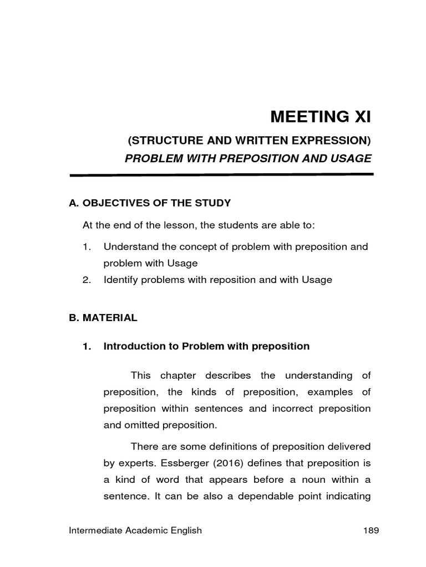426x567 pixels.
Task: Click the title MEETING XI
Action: [x=319, y=117]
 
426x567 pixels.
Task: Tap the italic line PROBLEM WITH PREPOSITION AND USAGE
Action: [x=248, y=158]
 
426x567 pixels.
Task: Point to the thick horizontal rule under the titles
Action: [x=221, y=174]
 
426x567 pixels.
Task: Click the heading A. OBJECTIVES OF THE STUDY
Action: [x=149, y=203]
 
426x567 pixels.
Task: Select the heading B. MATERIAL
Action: [x=103, y=318]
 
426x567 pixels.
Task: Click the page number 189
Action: [x=371, y=530]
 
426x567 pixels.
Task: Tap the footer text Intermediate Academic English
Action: [x=135, y=530]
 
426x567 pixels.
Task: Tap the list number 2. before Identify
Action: [x=86, y=280]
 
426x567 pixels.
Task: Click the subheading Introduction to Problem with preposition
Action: [x=206, y=346]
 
